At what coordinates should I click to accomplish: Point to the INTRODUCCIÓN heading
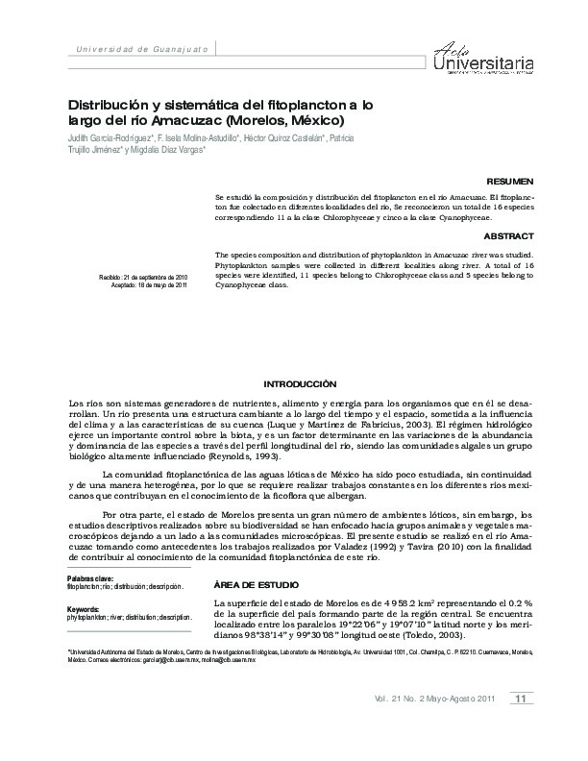293,381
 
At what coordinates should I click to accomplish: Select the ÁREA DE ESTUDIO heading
255,584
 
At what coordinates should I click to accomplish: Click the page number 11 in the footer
520,698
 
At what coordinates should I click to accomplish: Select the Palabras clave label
90,577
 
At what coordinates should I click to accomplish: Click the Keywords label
84,609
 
